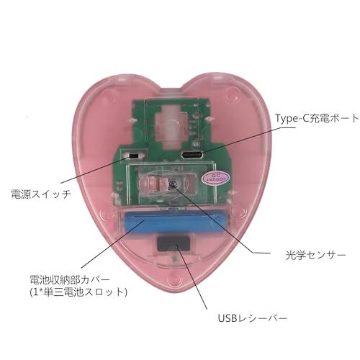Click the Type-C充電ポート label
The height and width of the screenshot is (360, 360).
pyautogui.click(x=317, y=118)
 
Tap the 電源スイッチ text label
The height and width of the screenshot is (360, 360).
pyautogui.click(x=41, y=194)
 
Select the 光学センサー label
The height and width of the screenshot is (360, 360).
pyautogui.click(x=315, y=255)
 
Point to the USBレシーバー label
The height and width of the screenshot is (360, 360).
pyautogui.click(x=253, y=318)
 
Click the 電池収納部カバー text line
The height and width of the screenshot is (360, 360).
pyautogui.click(x=70, y=279)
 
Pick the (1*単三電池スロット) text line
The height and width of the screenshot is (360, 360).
pyautogui.click(x=78, y=292)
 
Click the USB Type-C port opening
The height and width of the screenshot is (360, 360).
pyautogui.click(x=192, y=155)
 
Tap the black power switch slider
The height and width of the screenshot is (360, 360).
pyautogui.click(x=133, y=156)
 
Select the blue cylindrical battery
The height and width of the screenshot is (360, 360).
pyautogui.click(x=176, y=222)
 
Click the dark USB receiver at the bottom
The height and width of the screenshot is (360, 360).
pyautogui.click(x=172, y=244)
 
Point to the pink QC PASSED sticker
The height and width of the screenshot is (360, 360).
pyautogui.click(x=216, y=178)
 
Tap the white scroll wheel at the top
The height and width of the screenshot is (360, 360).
pyautogui.click(x=172, y=125)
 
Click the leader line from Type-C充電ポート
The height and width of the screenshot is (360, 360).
pyautogui.click(x=246, y=140)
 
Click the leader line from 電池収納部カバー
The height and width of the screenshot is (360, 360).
pyautogui.click(x=113, y=244)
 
